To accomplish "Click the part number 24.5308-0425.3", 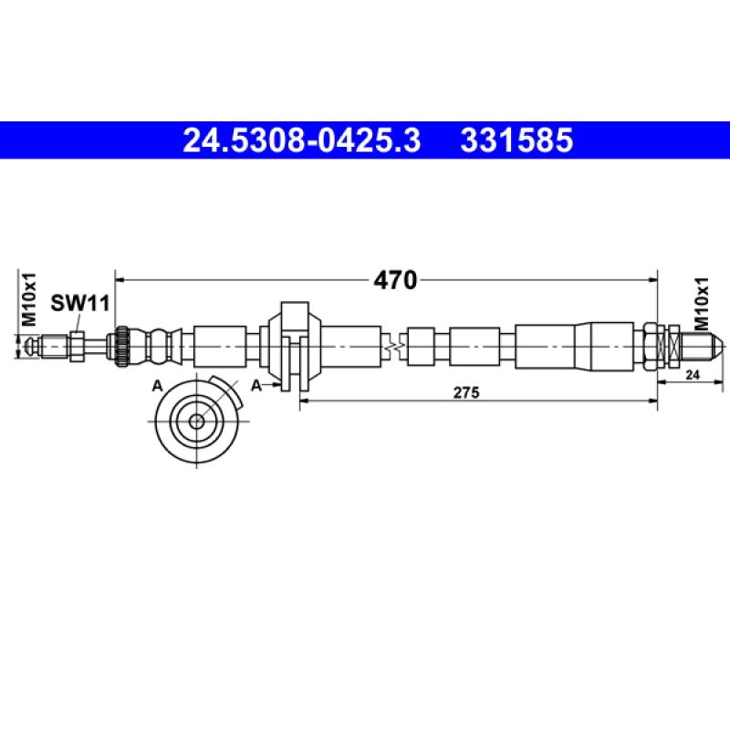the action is (x=302, y=141).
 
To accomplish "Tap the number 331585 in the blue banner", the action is (x=516, y=141).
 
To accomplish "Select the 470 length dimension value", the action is (x=395, y=280).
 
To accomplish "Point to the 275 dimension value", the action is (x=466, y=392).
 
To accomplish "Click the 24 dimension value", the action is (x=693, y=374).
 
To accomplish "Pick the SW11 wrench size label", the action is (x=80, y=303).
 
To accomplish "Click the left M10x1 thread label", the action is (x=29, y=299).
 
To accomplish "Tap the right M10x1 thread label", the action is (x=701, y=304).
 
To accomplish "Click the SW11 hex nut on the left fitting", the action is (x=77, y=347).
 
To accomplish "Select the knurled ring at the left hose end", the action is (x=122, y=347).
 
